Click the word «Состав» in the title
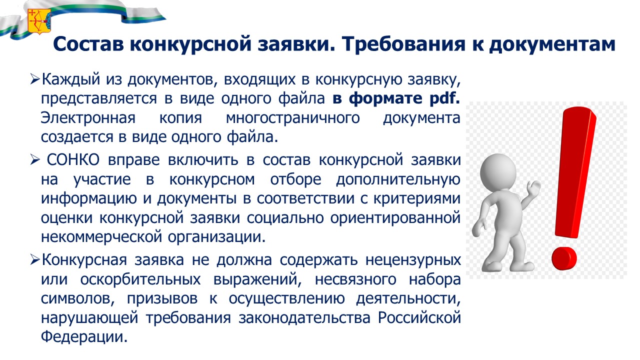point(88,44)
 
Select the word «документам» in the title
point(552,45)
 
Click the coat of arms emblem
point(39,21)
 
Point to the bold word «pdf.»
point(445,98)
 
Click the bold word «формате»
point(385,99)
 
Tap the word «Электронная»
point(88,118)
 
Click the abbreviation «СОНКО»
point(73,159)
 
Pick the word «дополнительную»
point(398,180)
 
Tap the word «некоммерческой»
point(101,237)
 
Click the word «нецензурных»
point(413,260)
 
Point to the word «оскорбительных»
point(140,279)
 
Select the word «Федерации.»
point(84,337)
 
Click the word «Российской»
point(419,317)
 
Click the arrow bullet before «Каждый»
point(34,79)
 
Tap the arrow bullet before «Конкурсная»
point(34,260)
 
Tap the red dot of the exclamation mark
point(564,258)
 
